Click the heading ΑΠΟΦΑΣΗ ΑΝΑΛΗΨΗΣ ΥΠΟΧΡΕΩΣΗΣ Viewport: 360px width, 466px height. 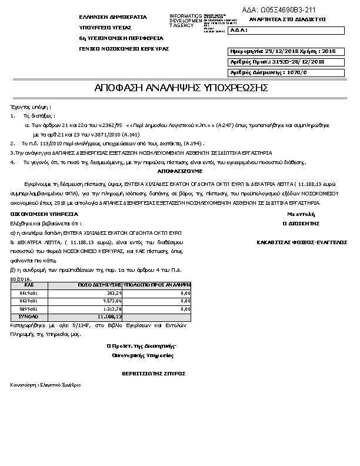click(181, 88)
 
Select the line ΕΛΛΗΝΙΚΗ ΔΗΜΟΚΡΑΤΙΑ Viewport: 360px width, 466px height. click(113, 17)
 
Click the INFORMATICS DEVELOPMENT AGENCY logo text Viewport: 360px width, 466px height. click(185, 21)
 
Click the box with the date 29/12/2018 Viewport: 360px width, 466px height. click(283, 52)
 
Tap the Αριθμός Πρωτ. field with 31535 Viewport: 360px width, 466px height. click(283, 62)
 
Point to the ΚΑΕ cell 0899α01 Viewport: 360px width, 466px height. click(29, 308)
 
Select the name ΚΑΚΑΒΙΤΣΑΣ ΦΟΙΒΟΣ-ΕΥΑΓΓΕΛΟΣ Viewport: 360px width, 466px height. click(302, 242)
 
